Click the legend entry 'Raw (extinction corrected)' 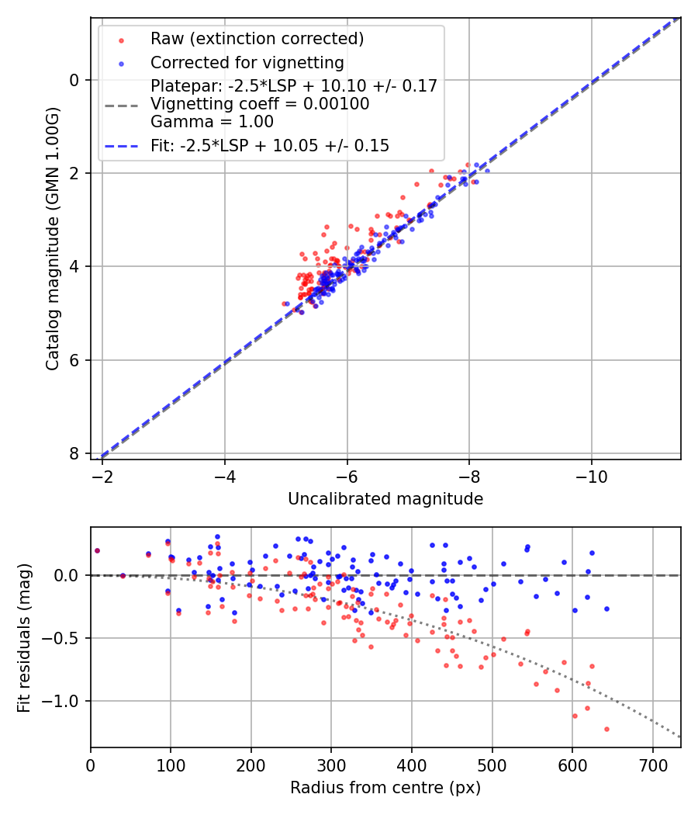[x=257, y=39]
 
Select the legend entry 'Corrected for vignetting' [x=247, y=62]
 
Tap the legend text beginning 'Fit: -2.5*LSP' [x=270, y=145]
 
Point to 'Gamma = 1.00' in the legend [x=212, y=121]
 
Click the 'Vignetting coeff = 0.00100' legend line [x=260, y=103]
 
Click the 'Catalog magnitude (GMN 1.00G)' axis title [x=52, y=238]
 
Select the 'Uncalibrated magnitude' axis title [x=385, y=499]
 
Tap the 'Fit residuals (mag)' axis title [x=23, y=637]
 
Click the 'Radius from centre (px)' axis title [x=385, y=788]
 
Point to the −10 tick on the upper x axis [x=592, y=473]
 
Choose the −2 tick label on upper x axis [x=102, y=473]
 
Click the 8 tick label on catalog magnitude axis [x=74, y=453]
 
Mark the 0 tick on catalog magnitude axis [x=74, y=80]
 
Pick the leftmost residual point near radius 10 [x=97, y=550]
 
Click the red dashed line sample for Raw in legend [x=121, y=39]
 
